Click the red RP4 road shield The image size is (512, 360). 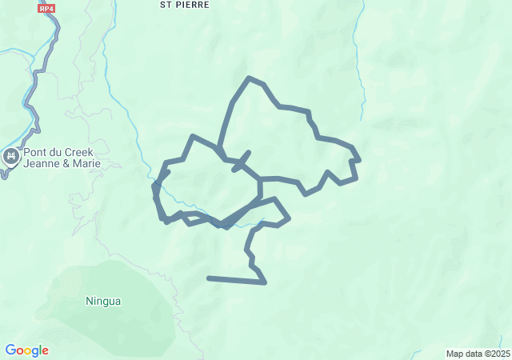47,8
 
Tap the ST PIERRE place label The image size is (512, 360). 184,5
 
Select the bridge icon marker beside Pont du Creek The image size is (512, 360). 11,157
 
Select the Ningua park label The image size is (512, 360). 103,302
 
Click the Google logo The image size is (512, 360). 26,350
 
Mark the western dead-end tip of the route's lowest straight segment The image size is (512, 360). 209,278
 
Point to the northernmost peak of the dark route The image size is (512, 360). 250,78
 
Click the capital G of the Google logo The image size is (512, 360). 11,350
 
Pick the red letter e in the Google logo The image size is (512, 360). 45,351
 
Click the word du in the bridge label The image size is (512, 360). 60,153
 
